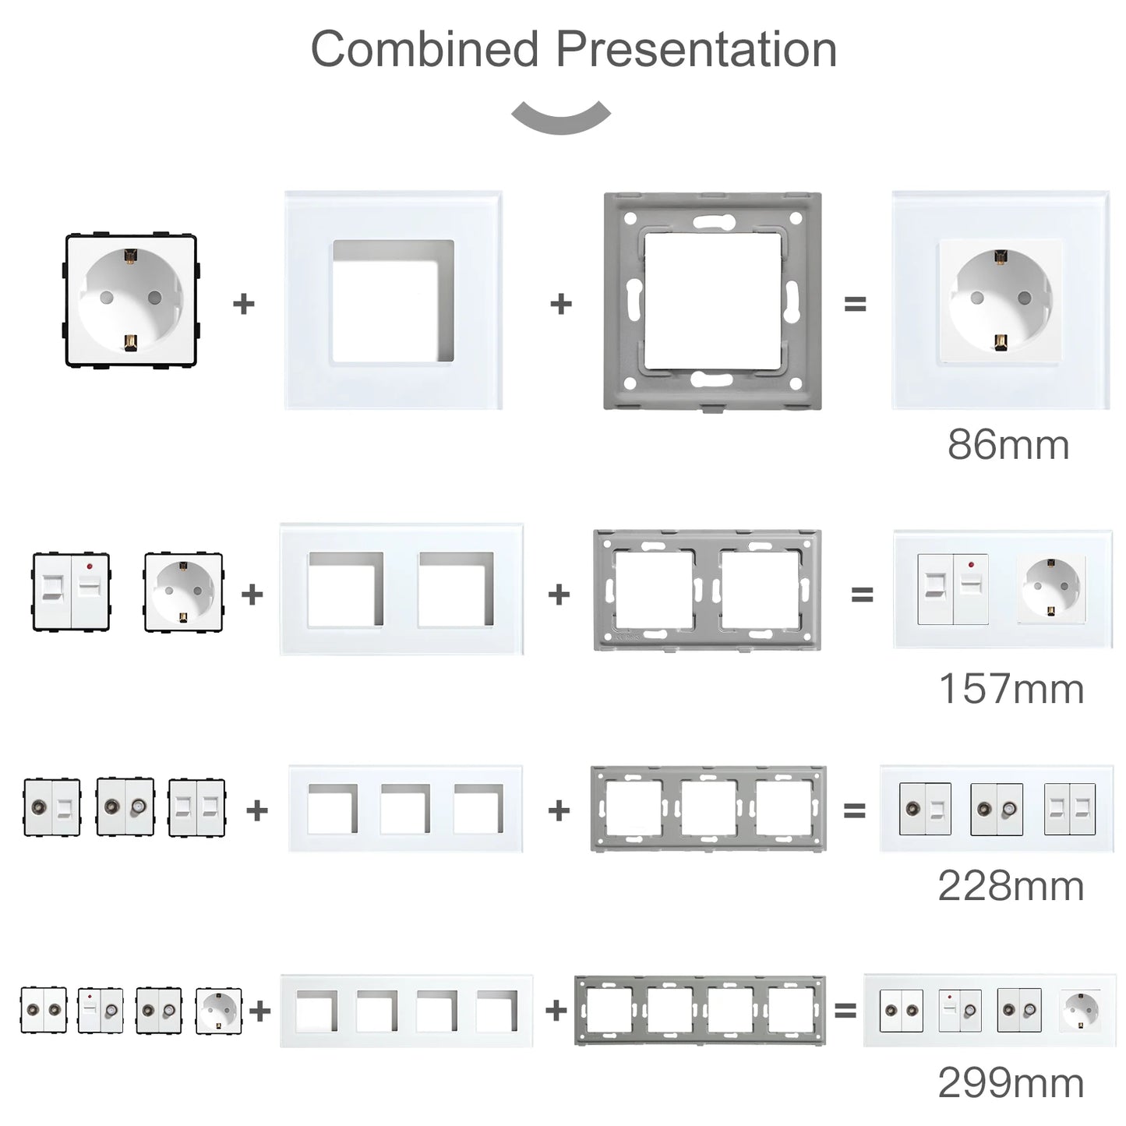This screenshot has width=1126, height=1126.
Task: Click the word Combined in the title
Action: click(425, 49)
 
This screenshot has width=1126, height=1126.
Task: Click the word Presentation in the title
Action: click(696, 49)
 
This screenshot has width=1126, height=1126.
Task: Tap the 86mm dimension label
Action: click(1008, 445)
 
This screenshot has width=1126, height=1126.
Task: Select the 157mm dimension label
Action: click(1011, 689)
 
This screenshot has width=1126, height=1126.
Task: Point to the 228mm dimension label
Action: click(1011, 886)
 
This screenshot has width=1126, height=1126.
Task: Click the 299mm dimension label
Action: click(1011, 1082)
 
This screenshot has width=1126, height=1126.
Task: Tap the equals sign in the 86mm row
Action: click(855, 304)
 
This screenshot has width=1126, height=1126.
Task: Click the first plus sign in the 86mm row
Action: click(244, 304)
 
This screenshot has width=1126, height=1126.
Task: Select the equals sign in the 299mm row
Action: click(845, 1011)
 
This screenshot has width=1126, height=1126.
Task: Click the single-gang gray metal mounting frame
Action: click(712, 302)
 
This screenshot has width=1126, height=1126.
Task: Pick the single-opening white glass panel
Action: click(393, 301)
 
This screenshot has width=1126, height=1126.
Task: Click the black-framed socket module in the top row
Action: click(130, 302)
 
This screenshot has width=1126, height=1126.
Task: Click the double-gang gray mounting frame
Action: click(708, 590)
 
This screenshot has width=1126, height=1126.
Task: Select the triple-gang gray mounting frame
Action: click(708, 809)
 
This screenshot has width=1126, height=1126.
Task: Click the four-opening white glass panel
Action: click(406, 1011)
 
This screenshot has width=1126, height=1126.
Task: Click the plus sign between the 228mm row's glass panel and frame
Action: click(559, 810)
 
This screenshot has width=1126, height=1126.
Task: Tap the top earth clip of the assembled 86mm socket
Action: click(1001, 256)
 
